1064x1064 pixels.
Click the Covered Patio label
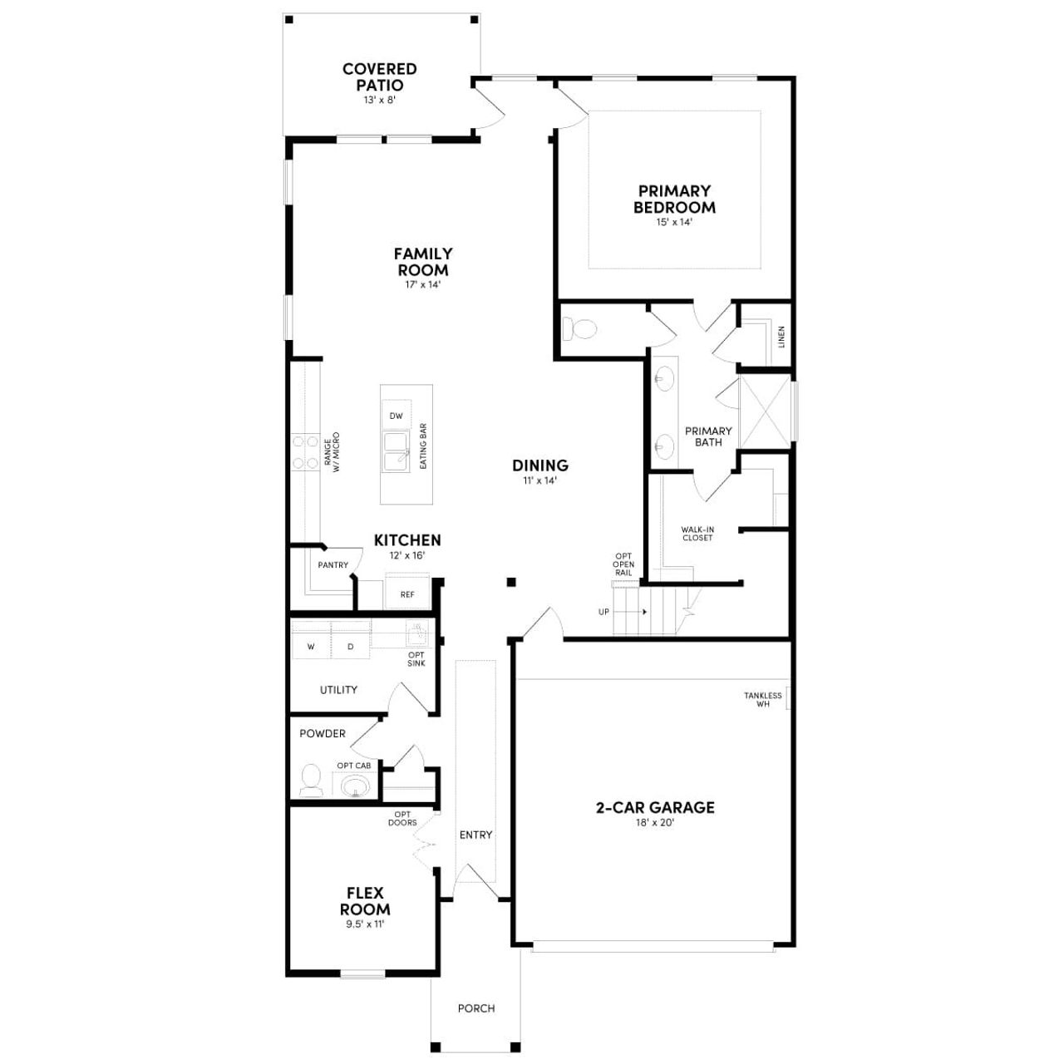click(x=379, y=77)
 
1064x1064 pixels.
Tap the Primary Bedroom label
click(x=674, y=199)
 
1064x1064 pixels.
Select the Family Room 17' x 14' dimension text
click(x=422, y=284)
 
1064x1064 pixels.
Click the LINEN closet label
click(x=781, y=337)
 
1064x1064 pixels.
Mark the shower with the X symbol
click(x=764, y=410)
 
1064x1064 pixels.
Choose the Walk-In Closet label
click(x=697, y=534)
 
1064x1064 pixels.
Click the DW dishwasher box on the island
click(x=396, y=416)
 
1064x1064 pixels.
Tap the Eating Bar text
click(x=423, y=446)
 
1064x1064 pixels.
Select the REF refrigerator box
click(x=407, y=594)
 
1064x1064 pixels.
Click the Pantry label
click(x=332, y=565)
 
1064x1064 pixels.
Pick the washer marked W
click(x=311, y=646)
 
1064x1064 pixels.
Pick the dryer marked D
click(x=351, y=646)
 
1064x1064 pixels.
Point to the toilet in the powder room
click(x=311, y=780)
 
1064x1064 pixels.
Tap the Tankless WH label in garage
click(x=763, y=700)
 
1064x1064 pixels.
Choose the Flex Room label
click(x=365, y=901)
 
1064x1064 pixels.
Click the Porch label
click(x=476, y=1008)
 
